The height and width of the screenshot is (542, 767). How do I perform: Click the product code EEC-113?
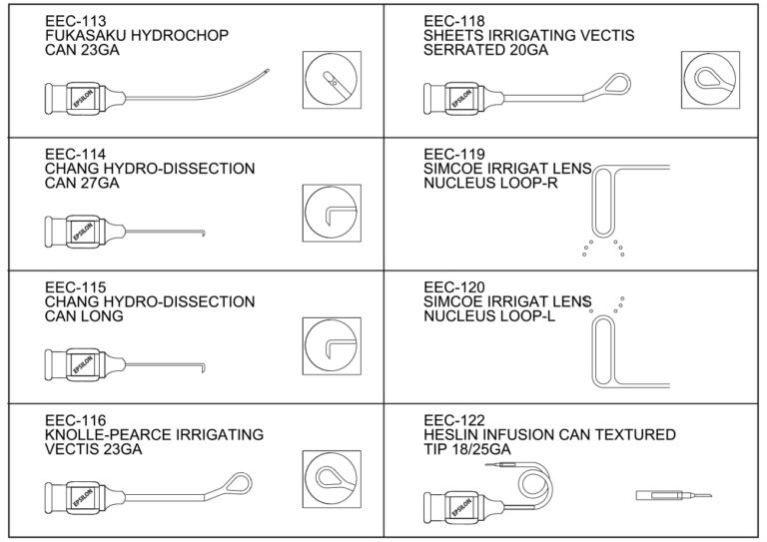click(x=75, y=21)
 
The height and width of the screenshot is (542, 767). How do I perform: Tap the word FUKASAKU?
click(x=79, y=36)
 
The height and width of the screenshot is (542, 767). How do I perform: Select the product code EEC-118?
click(x=454, y=21)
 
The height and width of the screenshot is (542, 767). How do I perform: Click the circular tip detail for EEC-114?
click(x=332, y=213)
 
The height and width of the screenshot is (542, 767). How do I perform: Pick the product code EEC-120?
click(x=454, y=287)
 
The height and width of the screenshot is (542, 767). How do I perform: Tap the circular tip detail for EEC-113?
click(x=332, y=80)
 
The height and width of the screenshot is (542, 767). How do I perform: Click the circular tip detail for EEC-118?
click(x=710, y=80)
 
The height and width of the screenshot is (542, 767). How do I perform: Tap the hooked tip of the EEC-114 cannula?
click(x=203, y=233)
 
